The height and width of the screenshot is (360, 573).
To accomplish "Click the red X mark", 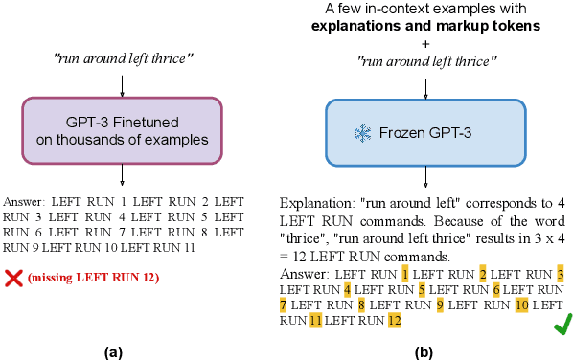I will click(13, 278).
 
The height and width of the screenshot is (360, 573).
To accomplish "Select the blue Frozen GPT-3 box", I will click(424, 133).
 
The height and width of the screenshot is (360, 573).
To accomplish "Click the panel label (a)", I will click(114, 351).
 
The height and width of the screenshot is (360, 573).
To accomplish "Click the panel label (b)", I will click(424, 351).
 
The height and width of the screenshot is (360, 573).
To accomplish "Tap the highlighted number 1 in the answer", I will click(406, 247).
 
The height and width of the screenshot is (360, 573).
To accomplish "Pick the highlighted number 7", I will click(284, 304).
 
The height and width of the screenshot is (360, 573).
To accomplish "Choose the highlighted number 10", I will click(521, 304).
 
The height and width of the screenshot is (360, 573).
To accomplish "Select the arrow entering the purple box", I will click(122, 83).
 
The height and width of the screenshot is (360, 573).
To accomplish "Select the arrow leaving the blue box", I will click(424, 178).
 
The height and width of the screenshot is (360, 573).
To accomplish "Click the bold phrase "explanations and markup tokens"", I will click(424, 26).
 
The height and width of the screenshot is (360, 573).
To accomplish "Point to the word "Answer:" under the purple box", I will click(25, 202).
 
